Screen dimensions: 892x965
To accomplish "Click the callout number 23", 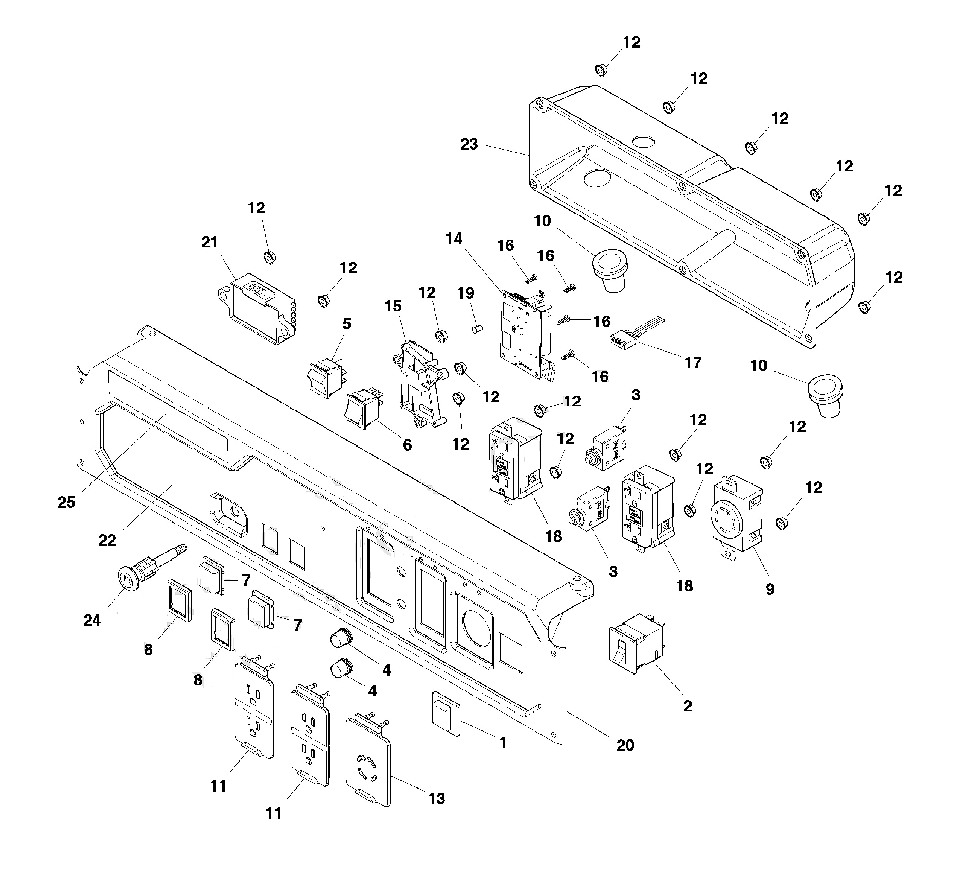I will (x=468, y=144).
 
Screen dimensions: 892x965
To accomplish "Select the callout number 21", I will (x=209, y=242).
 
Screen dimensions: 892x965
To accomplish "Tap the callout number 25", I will (x=66, y=502).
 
